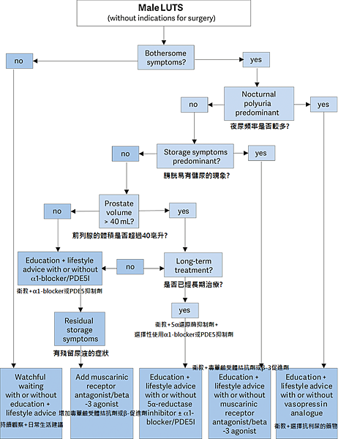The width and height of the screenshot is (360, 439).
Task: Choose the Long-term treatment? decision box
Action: coord(194,265)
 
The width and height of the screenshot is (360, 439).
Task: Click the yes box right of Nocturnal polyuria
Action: coord(323,105)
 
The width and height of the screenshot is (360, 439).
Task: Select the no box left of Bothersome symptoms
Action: coord(18,62)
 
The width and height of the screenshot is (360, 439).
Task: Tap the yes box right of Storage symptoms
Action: coord(262,153)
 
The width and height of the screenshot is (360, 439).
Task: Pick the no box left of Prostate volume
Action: coord(56,211)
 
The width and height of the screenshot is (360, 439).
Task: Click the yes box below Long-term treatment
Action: coord(185,309)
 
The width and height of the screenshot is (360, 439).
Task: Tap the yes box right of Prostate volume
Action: coord(184,211)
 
